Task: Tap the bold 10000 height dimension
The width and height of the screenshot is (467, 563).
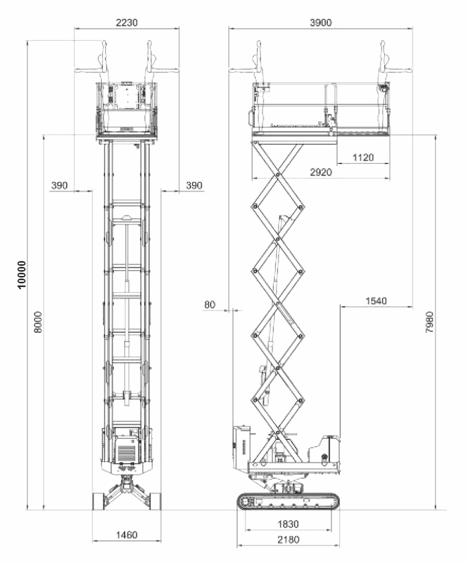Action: pyautogui.click(x=22, y=274)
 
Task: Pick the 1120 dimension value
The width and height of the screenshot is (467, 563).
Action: pyautogui.click(x=363, y=157)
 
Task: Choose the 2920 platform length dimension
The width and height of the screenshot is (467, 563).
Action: pyautogui.click(x=320, y=172)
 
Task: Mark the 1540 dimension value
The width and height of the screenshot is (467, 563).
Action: pyautogui.click(x=376, y=301)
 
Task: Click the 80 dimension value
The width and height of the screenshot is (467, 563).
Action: pyautogui.click(x=210, y=305)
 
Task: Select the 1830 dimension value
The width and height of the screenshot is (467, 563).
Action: pyautogui.click(x=288, y=524)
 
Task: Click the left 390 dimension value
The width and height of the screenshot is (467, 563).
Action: pyautogui.click(x=60, y=185)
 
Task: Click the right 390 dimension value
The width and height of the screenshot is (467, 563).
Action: pyautogui.click(x=194, y=185)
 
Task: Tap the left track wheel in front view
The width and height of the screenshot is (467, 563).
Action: pyautogui.click(x=98, y=501)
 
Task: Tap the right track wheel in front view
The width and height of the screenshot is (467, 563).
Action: pyautogui.click(x=155, y=501)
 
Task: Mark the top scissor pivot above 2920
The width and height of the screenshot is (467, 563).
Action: pyautogui.click(x=278, y=174)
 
